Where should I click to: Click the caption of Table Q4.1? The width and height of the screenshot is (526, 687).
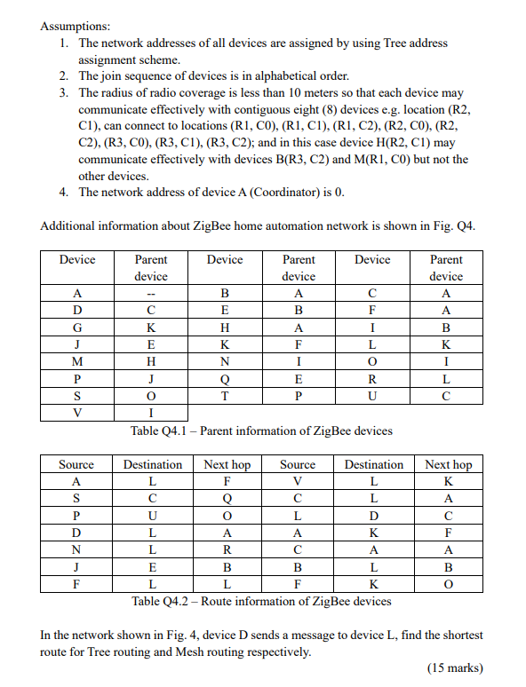click(261, 431)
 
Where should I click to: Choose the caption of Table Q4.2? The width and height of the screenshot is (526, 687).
click(261, 601)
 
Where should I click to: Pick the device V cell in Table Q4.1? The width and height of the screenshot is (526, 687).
click(76, 412)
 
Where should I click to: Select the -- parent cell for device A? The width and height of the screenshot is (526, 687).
click(150, 294)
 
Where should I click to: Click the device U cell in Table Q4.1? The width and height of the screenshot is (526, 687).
click(371, 395)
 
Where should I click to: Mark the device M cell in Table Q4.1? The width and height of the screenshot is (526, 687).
click(76, 361)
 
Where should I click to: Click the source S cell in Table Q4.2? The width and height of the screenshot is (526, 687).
click(76, 498)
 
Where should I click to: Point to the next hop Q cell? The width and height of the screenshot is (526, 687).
click(227, 498)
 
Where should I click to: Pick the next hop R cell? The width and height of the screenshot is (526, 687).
click(227, 549)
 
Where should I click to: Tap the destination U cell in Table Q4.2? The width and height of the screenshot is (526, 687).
click(152, 515)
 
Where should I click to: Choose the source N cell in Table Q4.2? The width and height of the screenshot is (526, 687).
click(76, 549)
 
